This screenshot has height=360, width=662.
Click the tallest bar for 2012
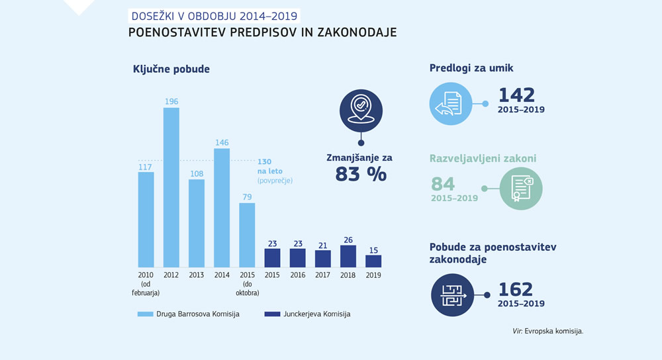171,187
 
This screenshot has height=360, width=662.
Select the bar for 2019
373,261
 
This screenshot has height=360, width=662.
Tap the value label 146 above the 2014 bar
221,142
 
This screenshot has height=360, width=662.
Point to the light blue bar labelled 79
247,234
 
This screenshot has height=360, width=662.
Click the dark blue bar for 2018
348,256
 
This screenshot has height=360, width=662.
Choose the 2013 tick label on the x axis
196,275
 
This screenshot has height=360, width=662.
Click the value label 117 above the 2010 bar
146,167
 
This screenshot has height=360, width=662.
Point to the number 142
516,95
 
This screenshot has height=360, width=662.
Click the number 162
515,289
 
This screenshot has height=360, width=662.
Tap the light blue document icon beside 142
450,103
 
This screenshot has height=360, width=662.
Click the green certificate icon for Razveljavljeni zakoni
521,189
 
